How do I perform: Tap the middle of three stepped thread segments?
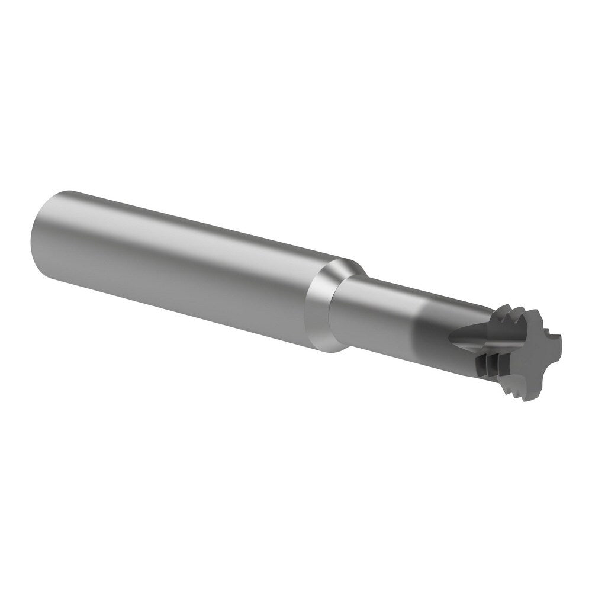[493, 363]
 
